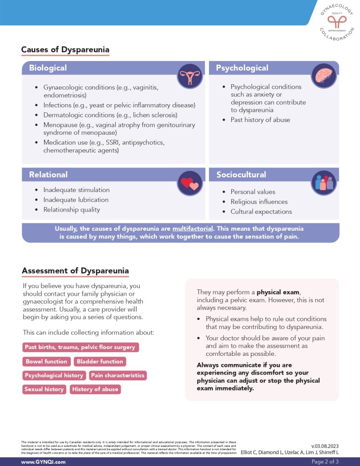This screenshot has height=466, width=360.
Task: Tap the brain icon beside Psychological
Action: click(x=324, y=76)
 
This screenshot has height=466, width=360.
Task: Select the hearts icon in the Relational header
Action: click(x=190, y=183)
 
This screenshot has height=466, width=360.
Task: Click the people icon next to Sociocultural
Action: click(x=324, y=182)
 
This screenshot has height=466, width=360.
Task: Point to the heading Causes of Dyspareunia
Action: click(x=66, y=50)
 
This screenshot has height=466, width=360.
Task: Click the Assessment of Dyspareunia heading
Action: click(x=75, y=271)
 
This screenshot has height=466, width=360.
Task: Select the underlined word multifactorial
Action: click(x=193, y=228)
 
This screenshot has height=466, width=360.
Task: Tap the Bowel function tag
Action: click(x=46, y=361)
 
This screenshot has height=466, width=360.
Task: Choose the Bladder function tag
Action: click(x=100, y=361)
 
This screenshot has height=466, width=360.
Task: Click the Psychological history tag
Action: click(x=54, y=375)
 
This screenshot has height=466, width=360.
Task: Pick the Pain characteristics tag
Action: click(x=117, y=375)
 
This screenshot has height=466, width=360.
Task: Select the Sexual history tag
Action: click(x=44, y=389)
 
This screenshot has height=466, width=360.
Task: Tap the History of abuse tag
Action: click(x=95, y=389)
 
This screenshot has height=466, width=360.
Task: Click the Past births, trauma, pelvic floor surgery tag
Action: click(x=80, y=347)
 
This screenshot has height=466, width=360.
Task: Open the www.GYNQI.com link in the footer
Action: click(x=44, y=461)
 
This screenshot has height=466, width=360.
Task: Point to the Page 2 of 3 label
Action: click(x=325, y=461)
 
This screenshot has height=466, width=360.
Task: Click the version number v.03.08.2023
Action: click(x=325, y=446)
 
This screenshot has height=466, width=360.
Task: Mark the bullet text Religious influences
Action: click(x=259, y=202)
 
